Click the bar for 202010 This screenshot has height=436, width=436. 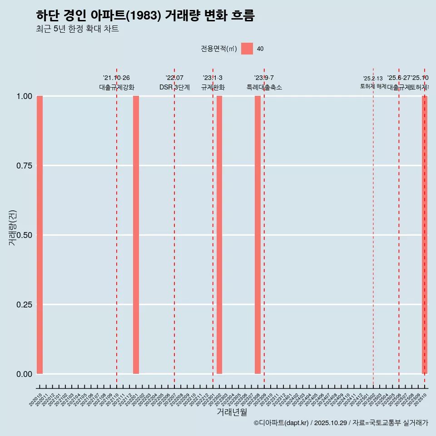tap(40, 235)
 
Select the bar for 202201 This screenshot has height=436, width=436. tap(136, 235)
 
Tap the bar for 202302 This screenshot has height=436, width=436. tap(219, 235)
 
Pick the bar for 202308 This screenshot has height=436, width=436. tap(258, 235)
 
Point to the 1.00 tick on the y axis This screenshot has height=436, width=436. tap(24, 96)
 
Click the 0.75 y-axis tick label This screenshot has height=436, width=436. tap(24, 166)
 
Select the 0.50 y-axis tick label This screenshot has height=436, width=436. tap(24, 235)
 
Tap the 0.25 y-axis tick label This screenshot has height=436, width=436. tap(24, 305)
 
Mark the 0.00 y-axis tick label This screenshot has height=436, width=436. tap(24, 374)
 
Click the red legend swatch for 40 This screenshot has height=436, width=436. tap(247, 49)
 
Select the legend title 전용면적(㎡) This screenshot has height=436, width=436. tap(219, 49)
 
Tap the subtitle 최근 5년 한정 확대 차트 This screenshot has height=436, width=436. tap(77, 29)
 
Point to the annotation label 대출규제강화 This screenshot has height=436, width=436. tap(117, 87)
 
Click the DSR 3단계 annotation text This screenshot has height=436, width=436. tap(174, 87)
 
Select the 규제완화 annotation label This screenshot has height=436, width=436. tap(213, 87)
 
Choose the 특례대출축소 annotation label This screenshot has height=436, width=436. tap(264, 87)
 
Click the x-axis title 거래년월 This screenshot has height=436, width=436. tap(232, 412)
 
